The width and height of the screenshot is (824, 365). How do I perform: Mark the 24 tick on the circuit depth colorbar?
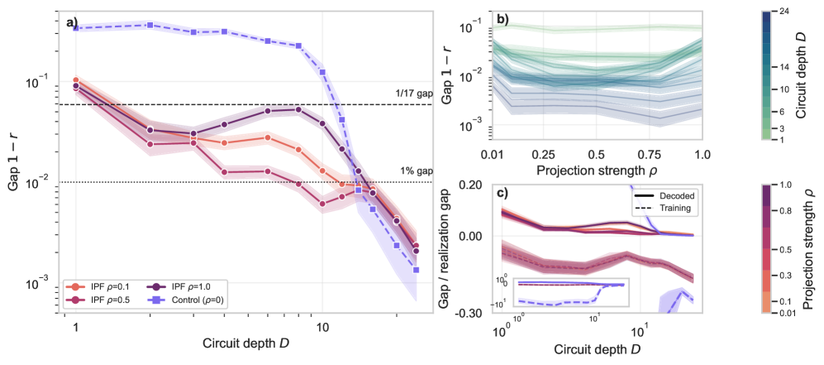click(782, 11)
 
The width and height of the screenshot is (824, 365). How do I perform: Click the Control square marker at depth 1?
click(76, 28)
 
